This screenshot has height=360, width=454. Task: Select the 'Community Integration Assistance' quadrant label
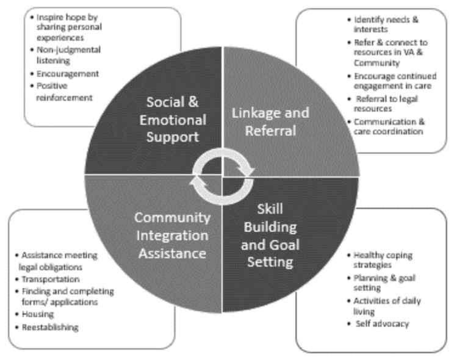click(173, 235)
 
